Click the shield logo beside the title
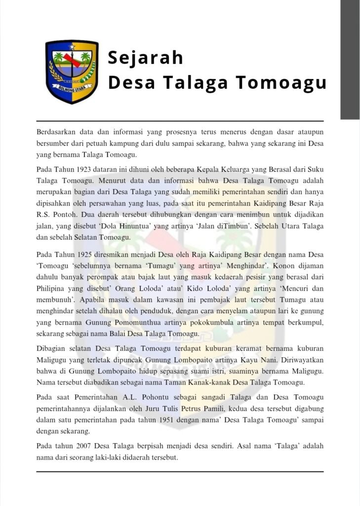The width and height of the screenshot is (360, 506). (x=72, y=71)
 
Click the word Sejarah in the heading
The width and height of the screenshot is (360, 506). (x=145, y=58)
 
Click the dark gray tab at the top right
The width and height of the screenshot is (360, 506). (x=350, y=59)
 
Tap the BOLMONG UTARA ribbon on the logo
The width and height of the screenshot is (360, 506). (x=72, y=90)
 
